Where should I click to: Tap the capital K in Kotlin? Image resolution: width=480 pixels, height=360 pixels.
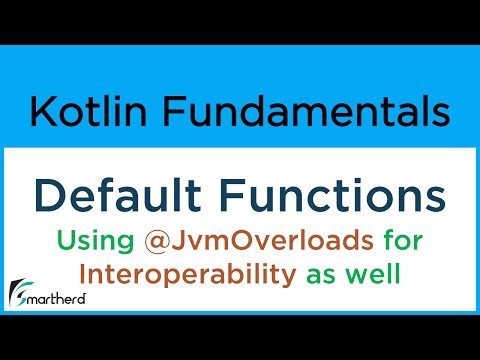pyautogui.click(x=40, y=112)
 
